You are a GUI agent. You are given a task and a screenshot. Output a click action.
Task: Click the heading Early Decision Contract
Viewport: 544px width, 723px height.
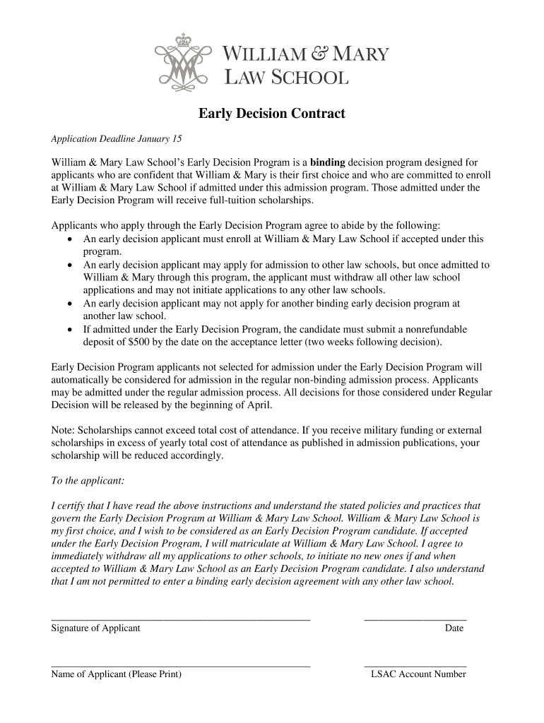(x=271, y=114)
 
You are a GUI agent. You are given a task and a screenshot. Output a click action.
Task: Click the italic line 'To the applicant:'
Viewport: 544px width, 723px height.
(x=88, y=481)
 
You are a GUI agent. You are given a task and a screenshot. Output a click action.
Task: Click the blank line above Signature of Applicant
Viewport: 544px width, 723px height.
(x=180, y=619)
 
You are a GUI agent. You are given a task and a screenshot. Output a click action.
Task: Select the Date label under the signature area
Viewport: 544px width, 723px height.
(x=454, y=628)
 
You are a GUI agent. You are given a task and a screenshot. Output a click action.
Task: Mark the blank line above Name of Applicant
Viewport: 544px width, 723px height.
(x=180, y=665)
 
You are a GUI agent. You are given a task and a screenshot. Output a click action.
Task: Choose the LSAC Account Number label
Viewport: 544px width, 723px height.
(x=418, y=674)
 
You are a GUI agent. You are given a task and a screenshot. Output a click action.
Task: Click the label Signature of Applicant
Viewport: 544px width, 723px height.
(x=95, y=628)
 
